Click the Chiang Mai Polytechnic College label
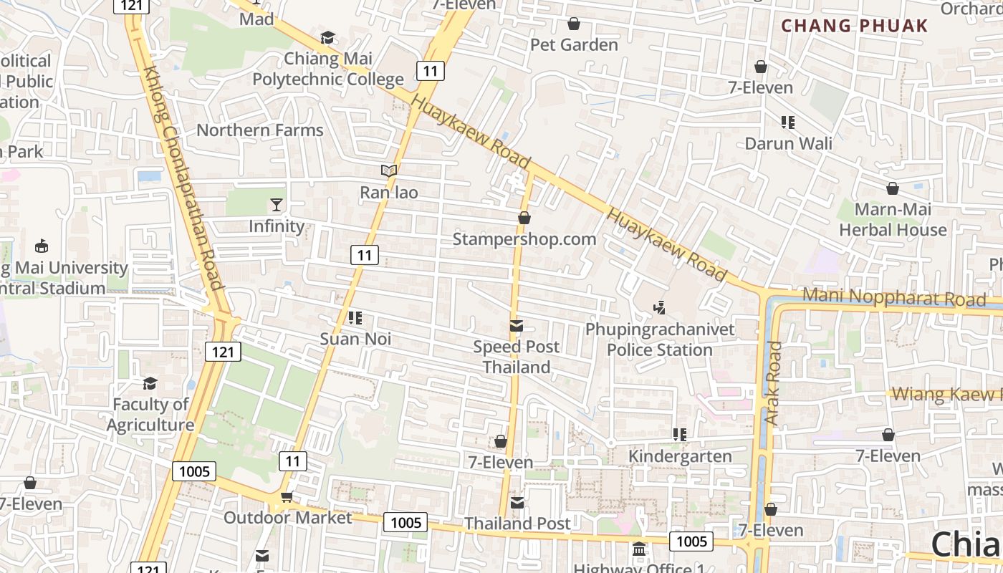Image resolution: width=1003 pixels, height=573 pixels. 328,69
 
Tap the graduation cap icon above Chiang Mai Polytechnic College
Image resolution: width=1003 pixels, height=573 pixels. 327,37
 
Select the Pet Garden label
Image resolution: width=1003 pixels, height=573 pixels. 574,45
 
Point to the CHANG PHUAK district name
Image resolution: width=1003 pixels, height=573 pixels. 854,27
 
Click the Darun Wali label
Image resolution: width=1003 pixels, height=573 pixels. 788,143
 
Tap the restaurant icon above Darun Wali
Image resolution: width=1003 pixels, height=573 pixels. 788,122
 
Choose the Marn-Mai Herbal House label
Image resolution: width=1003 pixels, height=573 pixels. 893,220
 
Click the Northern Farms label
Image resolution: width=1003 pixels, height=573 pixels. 260,130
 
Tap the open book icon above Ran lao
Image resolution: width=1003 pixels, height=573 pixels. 389,170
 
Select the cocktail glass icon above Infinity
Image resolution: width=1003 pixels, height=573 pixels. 277,205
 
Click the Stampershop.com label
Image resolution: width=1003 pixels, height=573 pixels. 524,239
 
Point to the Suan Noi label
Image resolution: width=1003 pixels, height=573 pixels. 355,339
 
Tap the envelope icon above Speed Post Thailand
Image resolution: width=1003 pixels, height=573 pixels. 516,326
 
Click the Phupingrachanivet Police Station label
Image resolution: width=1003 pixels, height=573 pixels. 660,340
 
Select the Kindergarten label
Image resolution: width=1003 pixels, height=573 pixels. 680,456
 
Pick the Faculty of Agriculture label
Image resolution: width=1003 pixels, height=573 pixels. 150,415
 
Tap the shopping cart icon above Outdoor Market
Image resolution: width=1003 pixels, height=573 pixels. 287,496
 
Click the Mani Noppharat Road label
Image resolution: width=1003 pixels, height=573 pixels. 894,297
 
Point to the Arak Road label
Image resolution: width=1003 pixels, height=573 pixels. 772,382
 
